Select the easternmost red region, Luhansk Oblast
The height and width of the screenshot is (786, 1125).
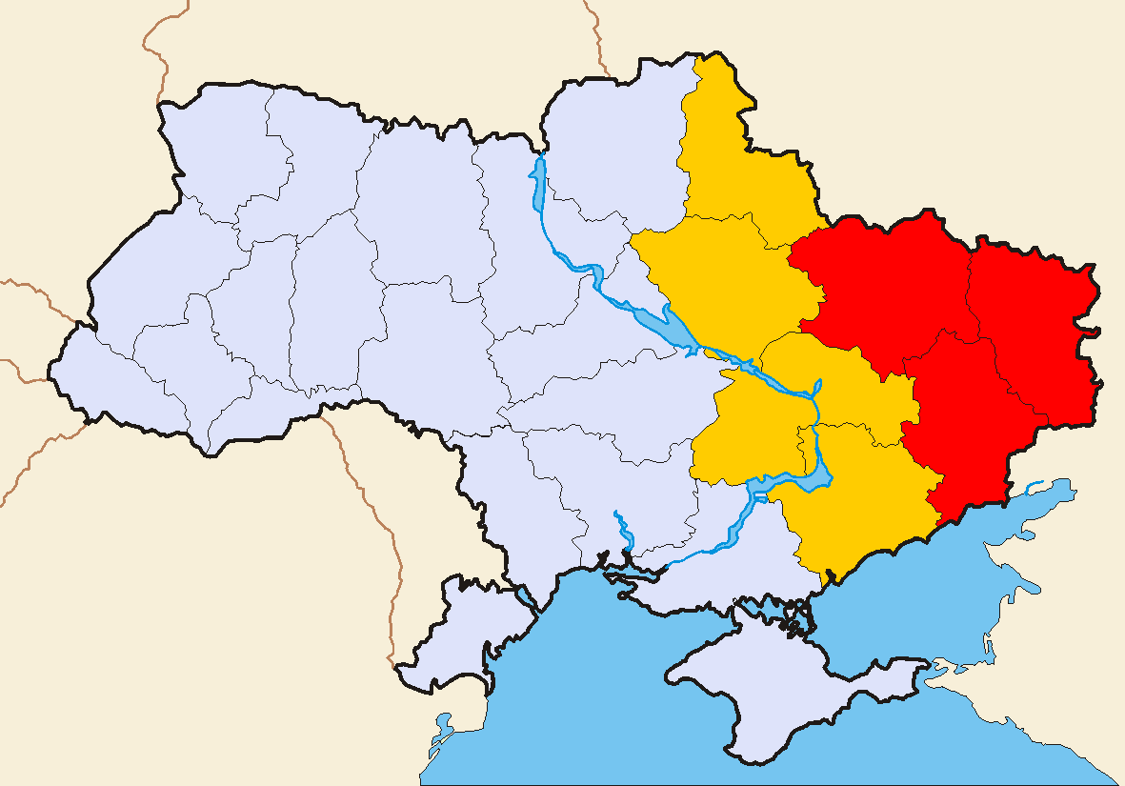point(1034,324)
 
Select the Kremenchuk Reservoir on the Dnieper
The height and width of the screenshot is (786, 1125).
point(678,329)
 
